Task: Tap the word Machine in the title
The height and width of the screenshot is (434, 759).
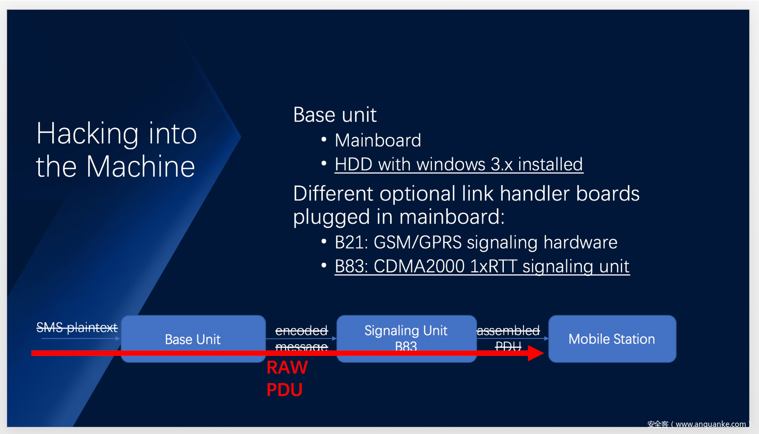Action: point(141,167)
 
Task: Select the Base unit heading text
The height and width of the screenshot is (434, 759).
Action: point(335,115)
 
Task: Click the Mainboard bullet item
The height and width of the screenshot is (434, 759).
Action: point(378,140)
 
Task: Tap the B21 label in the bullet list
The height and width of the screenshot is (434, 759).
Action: point(351,242)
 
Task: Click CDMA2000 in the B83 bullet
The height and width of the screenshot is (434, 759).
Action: point(419,267)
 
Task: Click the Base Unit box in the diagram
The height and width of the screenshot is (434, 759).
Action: point(193,339)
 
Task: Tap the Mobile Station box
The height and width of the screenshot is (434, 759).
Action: point(612,339)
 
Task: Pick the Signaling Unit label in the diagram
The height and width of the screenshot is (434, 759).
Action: point(406,331)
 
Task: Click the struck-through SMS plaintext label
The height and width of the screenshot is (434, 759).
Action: point(77,328)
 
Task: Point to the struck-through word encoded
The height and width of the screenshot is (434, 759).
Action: point(301,331)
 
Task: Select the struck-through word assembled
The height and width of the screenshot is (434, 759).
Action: point(508,331)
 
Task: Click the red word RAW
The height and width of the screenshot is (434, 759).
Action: point(287,368)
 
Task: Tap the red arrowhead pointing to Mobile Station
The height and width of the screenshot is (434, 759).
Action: point(536,353)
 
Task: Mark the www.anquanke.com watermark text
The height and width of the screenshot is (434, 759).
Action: point(710,424)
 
